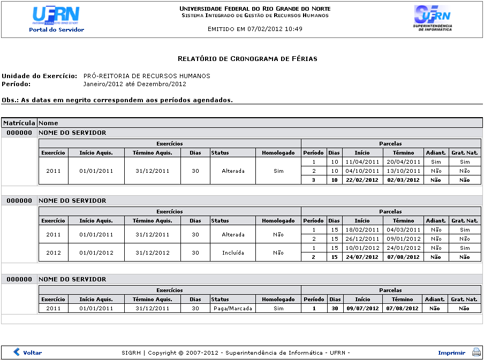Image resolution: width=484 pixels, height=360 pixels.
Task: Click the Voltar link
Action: (x=32, y=353)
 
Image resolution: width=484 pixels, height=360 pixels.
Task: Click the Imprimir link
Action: (x=451, y=353)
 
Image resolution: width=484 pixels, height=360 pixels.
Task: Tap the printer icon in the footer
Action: (x=476, y=352)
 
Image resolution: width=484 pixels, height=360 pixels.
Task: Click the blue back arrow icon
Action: (x=17, y=352)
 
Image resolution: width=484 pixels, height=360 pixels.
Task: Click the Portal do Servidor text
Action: (x=56, y=29)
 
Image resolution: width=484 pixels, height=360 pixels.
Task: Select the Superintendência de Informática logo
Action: (x=433, y=18)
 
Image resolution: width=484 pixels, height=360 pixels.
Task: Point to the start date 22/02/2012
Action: (x=362, y=180)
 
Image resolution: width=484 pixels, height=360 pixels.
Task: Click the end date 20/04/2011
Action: (x=403, y=162)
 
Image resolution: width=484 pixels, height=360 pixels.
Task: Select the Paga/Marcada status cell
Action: (x=232, y=308)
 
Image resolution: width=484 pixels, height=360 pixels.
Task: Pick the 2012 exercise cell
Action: (x=54, y=252)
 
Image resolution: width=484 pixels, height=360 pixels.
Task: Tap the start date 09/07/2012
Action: (x=362, y=308)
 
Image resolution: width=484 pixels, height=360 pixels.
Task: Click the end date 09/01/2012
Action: (x=403, y=239)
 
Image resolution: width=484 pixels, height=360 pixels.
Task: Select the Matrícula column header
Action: (x=19, y=123)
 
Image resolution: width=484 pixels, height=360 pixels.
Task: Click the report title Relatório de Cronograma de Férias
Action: (x=247, y=58)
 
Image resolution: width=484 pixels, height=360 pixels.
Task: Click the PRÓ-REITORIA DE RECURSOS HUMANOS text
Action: (x=147, y=76)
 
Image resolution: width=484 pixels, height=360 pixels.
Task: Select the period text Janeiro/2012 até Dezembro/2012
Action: (x=134, y=84)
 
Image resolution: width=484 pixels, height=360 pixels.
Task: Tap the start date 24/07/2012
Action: (x=362, y=257)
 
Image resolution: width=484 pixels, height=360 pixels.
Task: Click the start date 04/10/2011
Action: (x=362, y=171)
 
